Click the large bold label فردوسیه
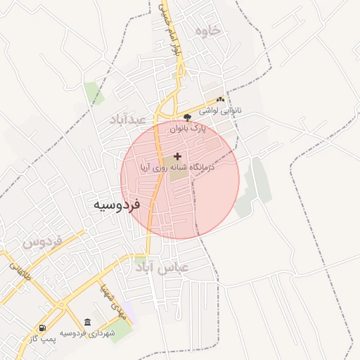click(x=117, y=205)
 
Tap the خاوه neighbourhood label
click(x=209, y=30)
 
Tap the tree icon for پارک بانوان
click(x=187, y=117)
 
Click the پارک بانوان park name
click(x=188, y=129)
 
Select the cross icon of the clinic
click(x=176, y=155)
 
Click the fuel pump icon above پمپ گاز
click(x=43, y=328)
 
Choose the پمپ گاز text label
click(x=43, y=339)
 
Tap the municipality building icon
click(x=86, y=322)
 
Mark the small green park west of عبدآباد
click(x=91, y=91)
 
